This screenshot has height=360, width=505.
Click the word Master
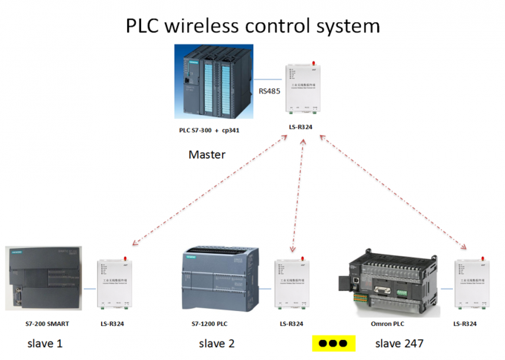click(207, 155)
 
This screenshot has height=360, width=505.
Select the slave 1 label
click(45, 344)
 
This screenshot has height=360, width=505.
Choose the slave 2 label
click(217, 344)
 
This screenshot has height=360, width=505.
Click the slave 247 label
click(399, 344)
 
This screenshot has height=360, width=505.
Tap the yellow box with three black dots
click(332, 344)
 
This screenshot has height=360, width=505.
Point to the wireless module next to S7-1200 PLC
click(293, 283)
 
